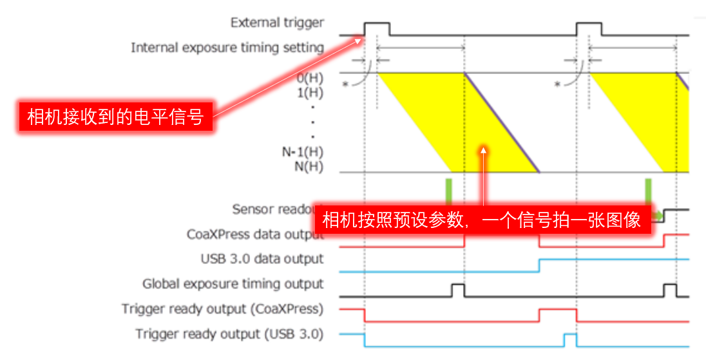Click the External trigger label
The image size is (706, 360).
click(x=277, y=23)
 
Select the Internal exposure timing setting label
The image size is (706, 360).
click(x=227, y=48)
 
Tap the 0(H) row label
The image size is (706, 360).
click(x=309, y=78)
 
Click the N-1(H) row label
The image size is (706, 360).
click(x=303, y=153)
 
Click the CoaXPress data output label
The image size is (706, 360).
click(x=254, y=234)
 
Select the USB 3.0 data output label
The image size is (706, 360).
click(x=262, y=259)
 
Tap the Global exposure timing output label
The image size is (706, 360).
click(x=233, y=284)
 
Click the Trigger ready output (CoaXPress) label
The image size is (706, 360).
click(x=222, y=309)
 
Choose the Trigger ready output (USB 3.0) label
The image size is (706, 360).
click(x=229, y=334)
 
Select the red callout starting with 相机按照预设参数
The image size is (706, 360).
click(x=482, y=220)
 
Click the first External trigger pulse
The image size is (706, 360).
click(x=377, y=28)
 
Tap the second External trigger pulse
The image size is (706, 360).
click(x=589, y=28)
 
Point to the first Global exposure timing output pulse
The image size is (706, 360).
click(x=458, y=290)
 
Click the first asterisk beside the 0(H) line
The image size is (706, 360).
click(x=344, y=84)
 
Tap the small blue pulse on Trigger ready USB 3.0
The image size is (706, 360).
click(x=569, y=339)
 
